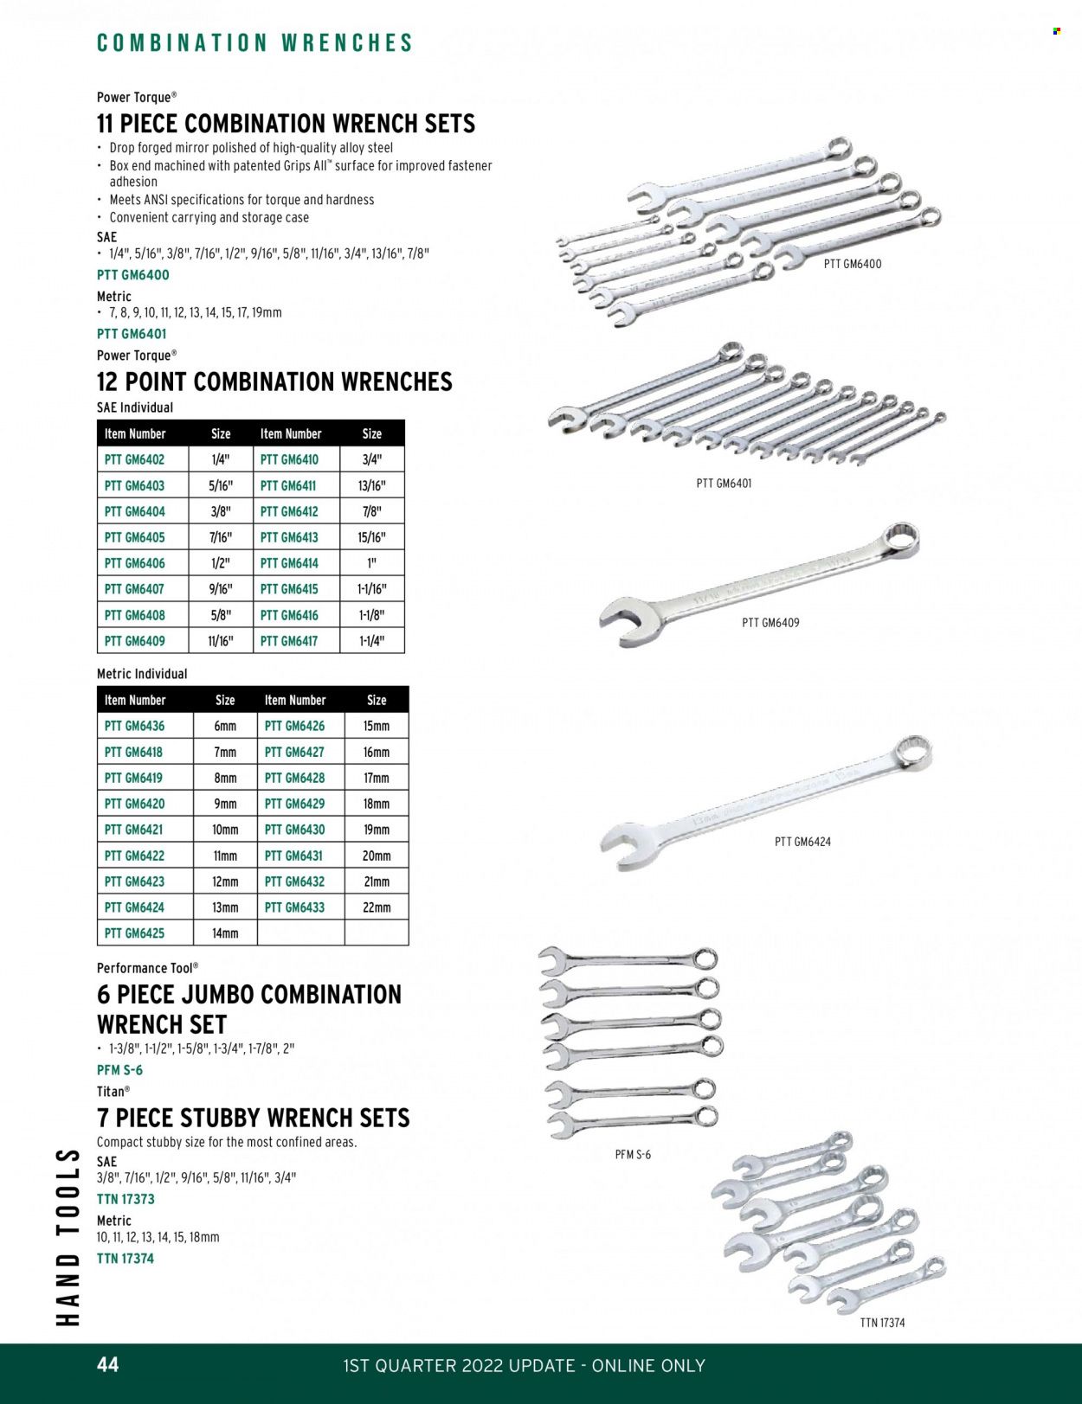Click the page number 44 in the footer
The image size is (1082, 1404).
click(x=108, y=1364)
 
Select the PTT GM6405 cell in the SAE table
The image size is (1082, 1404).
click(x=134, y=537)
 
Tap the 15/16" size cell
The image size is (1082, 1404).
click(x=371, y=537)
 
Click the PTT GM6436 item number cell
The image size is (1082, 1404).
click(x=134, y=726)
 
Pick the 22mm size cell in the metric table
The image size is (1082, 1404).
click(x=377, y=907)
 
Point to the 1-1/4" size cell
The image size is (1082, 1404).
click(x=371, y=641)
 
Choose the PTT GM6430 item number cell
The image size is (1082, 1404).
click(x=295, y=830)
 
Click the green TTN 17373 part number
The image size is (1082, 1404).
click(x=126, y=1199)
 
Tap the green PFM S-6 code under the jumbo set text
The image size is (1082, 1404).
click(x=119, y=1070)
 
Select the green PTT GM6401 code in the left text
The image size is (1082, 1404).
click(x=132, y=334)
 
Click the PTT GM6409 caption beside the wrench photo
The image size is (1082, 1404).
click(x=770, y=622)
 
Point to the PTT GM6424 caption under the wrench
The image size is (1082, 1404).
click(x=802, y=841)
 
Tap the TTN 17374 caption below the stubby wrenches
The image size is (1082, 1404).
click(x=882, y=1323)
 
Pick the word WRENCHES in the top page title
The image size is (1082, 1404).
click(x=347, y=43)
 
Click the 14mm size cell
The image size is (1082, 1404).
click(x=225, y=933)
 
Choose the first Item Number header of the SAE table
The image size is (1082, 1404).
click(x=134, y=433)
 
